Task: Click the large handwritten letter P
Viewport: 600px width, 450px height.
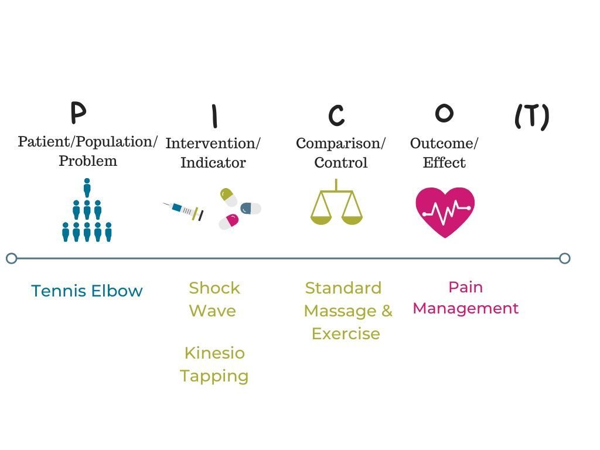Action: coord(78,112)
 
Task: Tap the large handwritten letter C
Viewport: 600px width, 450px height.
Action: coord(336,115)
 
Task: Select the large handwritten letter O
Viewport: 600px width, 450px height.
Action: coord(444,113)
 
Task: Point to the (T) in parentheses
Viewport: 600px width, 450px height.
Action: coord(531,116)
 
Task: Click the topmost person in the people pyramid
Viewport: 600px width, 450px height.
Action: coord(87,187)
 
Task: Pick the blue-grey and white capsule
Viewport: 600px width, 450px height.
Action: coord(251,208)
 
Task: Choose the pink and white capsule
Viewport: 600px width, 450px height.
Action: coord(229,221)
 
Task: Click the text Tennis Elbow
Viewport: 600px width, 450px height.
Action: coord(87,291)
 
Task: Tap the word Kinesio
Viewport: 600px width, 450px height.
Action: coord(214,353)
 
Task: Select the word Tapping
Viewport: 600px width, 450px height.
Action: coord(214,376)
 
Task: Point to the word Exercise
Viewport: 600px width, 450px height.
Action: coord(346,333)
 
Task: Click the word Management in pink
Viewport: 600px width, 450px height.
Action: coord(466,308)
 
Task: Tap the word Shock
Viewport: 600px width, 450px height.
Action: coord(214,288)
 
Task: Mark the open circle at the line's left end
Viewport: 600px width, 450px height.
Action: coord(11,258)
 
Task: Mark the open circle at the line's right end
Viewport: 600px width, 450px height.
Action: coord(564,258)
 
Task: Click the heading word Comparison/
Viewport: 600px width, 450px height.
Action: coord(340,144)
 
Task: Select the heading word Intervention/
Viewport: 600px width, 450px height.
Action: coord(213,144)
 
